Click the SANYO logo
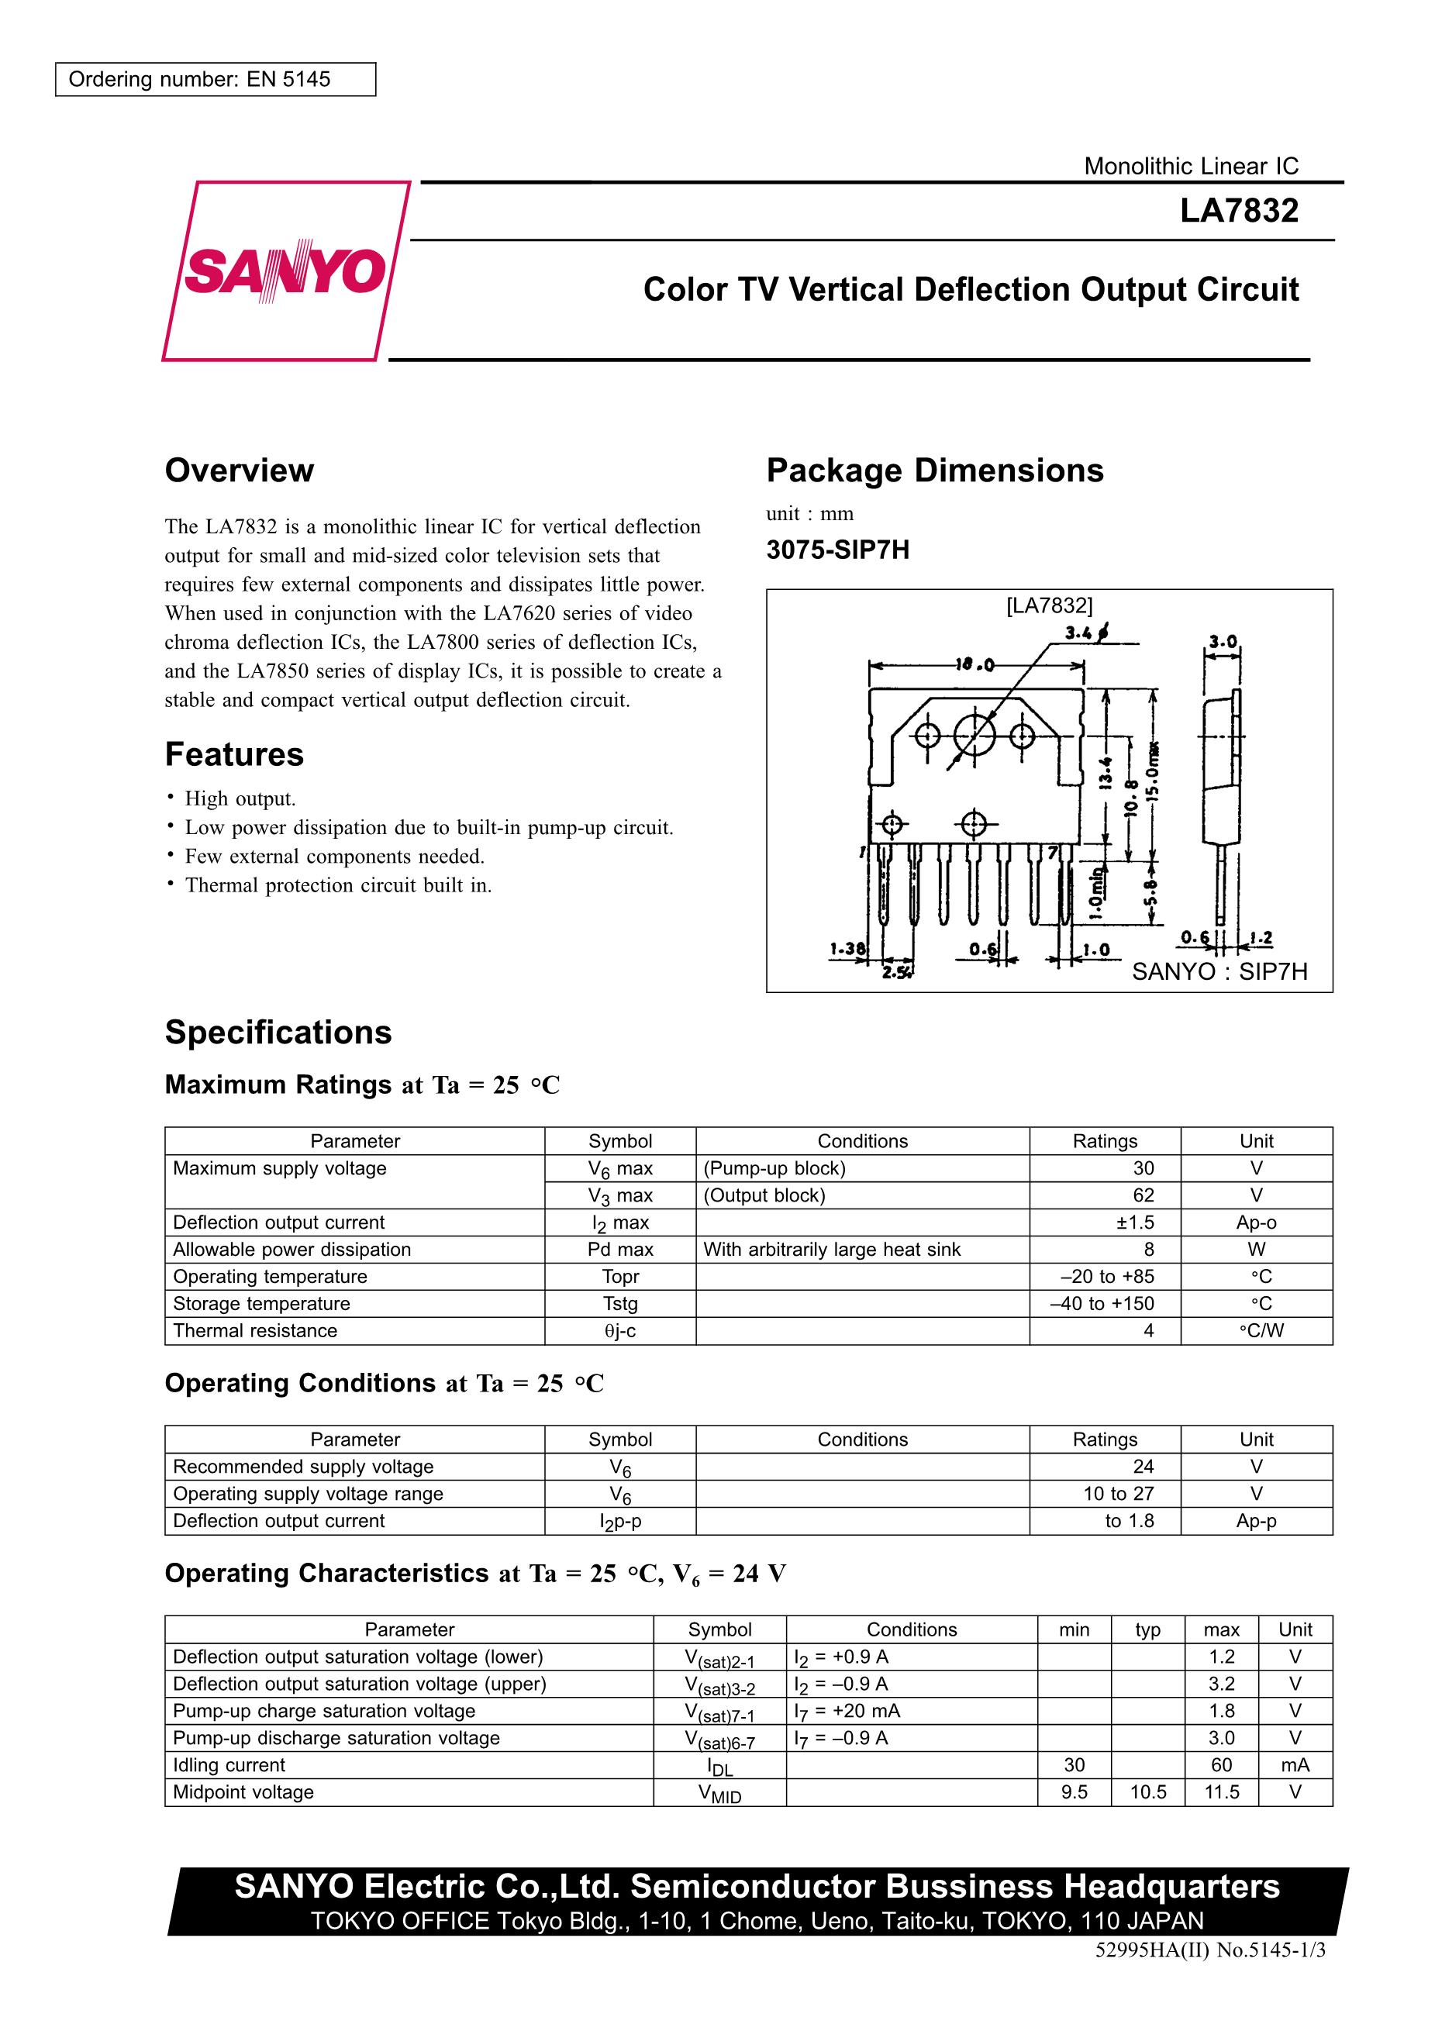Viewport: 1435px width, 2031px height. (x=285, y=271)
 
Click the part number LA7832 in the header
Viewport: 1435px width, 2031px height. (x=1238, y=211)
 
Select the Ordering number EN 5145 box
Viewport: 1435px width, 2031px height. (x=215, y=80)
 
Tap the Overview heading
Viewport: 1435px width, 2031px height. (x=239, y=471)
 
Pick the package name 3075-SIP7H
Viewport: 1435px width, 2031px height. (x=837, y=550)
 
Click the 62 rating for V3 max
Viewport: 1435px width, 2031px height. (x=1143, y=1195)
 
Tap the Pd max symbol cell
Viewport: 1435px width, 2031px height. (x=620, y=1249)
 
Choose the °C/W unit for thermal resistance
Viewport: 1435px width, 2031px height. (x=1256, y=1330)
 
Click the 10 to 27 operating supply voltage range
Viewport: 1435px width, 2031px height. (x=1118, y=1493)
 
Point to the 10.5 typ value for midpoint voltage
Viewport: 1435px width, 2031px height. (x=1147, y=1792)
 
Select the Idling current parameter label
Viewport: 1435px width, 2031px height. (x=229, y=1765)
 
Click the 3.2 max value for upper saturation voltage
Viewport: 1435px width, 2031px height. (x=1221, y=1684)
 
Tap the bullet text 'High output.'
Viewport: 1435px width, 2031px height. (x=240, y=798)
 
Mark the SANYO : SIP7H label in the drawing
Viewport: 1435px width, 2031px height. (x=1219, y=971)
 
